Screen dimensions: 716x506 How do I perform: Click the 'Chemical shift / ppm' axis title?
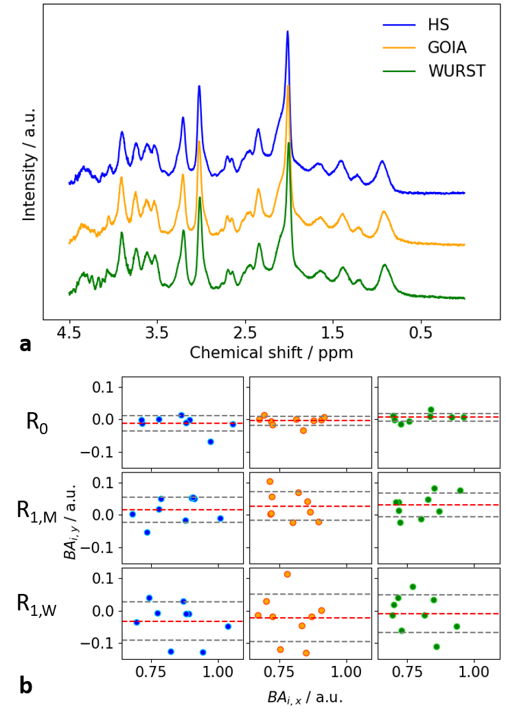pyautogui.click(x=271, y=353)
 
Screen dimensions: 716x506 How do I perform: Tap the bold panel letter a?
pyautogui.click(x=25, y=344)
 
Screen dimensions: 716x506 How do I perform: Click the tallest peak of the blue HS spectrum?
pyautogui.click(x=287, y=32)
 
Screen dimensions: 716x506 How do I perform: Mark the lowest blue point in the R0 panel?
pyautogui.click(x=211, y=442)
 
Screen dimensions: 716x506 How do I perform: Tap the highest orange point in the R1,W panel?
pyautogui.click(x=288, y=574)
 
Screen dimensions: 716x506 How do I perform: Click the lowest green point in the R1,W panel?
pyautogui.click(x=437, y=647)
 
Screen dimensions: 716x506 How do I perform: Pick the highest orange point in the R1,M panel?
pyautogui.click(x=270, y=481)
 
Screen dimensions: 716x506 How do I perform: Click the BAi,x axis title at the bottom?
pyautogui.click(x=305, y=697)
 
